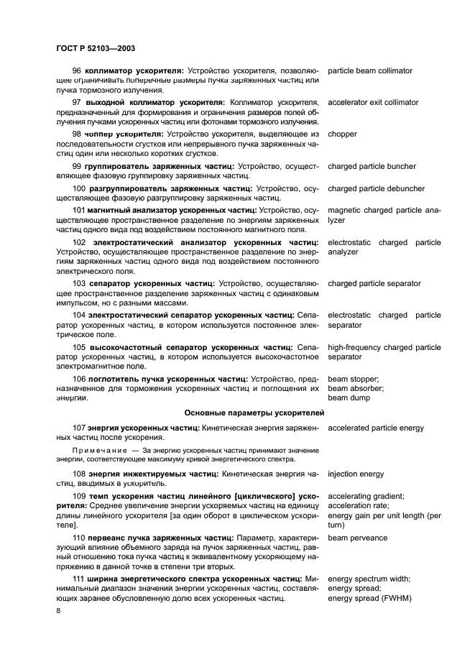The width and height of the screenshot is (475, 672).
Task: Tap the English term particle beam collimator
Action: click(370, 71)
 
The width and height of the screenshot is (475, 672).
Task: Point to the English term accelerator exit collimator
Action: click(373, 102)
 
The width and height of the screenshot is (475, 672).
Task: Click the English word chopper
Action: click(343, 134)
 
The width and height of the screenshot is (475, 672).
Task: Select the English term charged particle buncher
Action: click(372, 166)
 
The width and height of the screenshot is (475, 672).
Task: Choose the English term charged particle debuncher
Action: click(376, 189)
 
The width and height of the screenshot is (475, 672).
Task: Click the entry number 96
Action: click(78, 71)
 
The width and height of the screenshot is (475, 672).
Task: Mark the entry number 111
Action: click(80, 579)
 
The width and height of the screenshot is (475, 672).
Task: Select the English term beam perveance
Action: click(357, 538)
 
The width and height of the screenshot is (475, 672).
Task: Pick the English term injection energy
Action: click(356, 474)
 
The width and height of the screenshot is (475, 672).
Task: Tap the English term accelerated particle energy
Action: click(376, 428)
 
